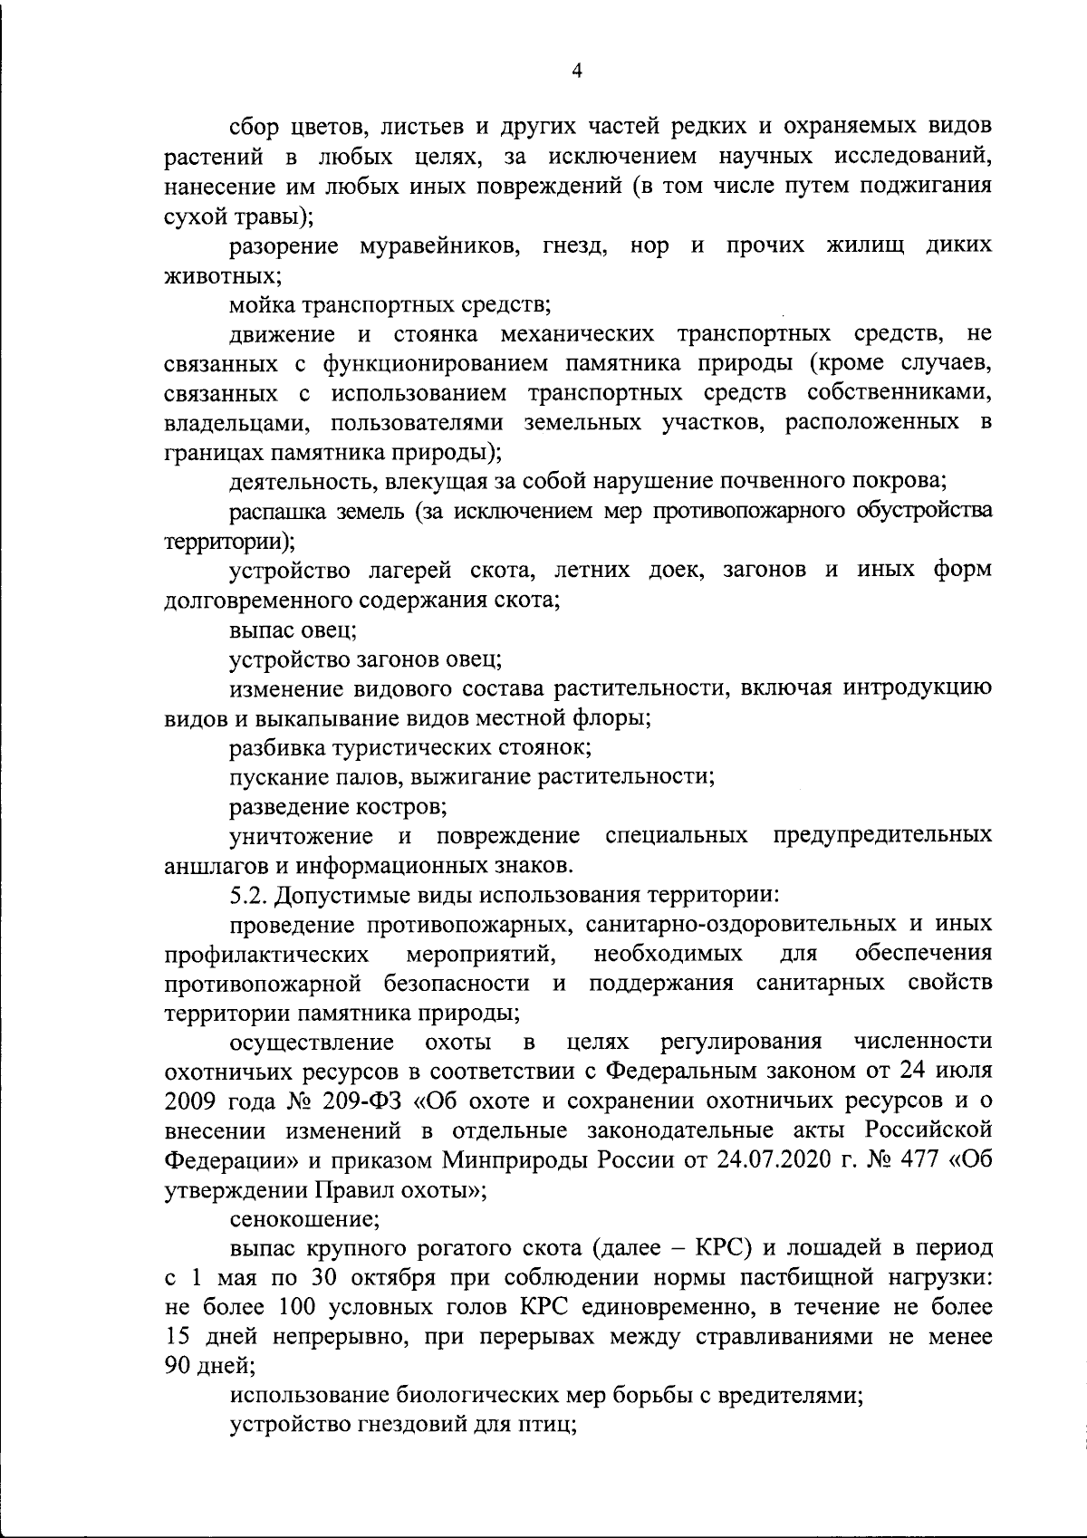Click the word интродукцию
(918, 687)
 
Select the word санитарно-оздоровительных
(735, 924)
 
